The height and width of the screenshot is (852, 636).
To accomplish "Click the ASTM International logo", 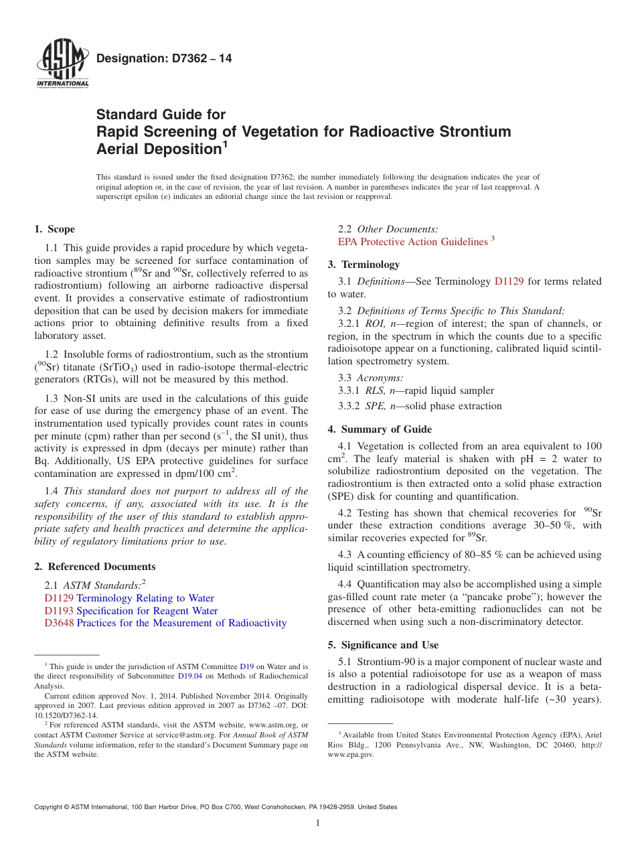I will click(x=62, y=63).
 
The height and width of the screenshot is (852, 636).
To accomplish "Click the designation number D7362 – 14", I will click(x=164, y=59).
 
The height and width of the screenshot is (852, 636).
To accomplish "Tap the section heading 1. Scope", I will click(x=55, y=229).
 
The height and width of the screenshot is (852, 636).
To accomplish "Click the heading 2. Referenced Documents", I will click(x=94, y=567).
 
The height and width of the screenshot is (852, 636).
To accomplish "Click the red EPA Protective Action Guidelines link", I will click(x=413, y=241).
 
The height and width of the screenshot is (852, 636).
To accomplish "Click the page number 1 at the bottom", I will click(x=318, y=823).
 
